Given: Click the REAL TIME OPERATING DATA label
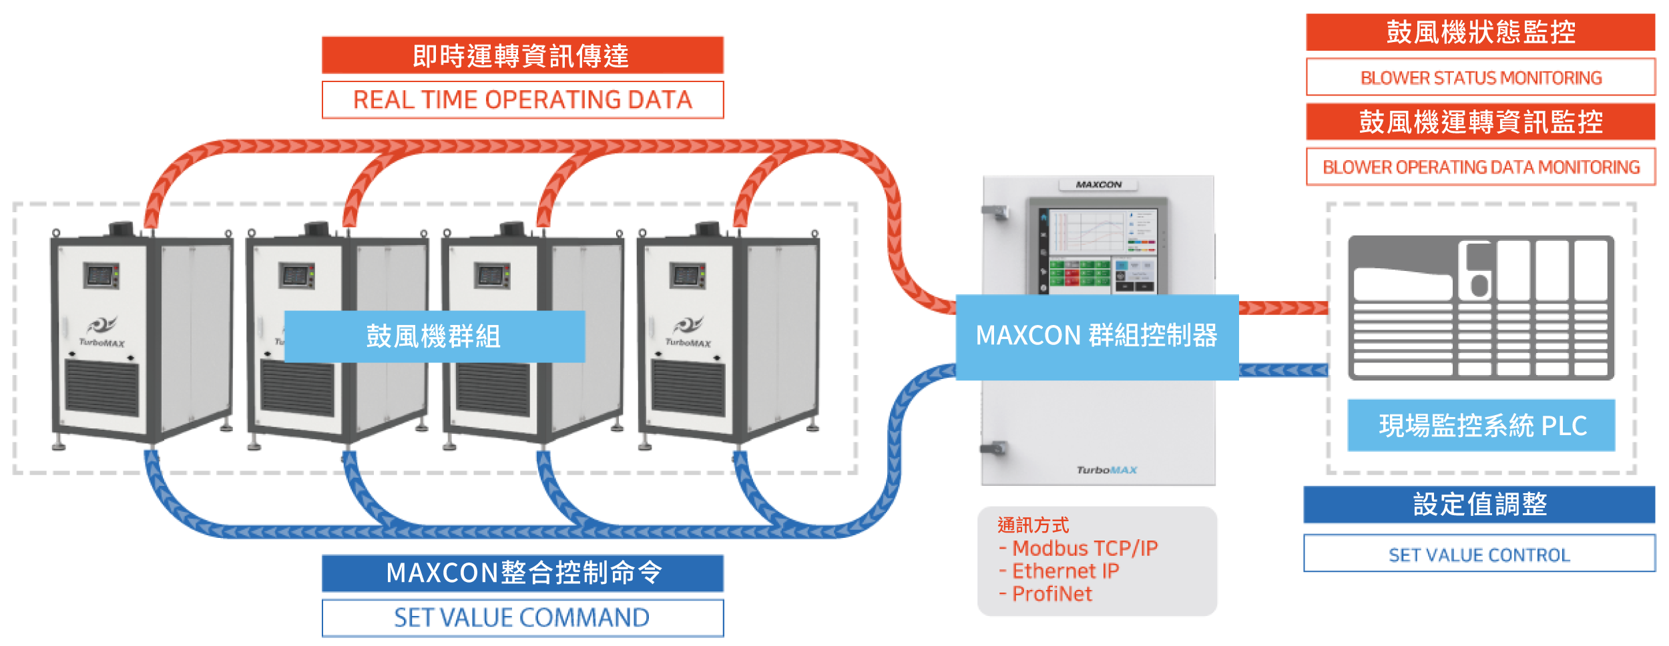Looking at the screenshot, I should (x=523, y=100).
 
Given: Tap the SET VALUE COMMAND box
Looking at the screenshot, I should (x=523, y=617).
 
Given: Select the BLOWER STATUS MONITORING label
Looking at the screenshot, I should (x=1480, y=77).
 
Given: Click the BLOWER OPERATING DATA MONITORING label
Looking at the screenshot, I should (x=1480, y=167).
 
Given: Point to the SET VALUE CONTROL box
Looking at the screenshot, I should (x=1479, y=554).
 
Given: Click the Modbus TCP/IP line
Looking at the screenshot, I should (x=1084, y=549).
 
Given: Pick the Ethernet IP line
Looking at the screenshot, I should (x=1065, y=571).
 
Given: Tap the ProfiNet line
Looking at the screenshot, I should (x=1051, y=594).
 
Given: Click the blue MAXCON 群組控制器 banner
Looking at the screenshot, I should (x=1096, y=336).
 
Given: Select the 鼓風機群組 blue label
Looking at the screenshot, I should (x=434, y=336).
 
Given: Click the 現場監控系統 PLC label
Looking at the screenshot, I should (x=1481, y=425).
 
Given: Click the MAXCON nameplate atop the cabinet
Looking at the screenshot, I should (x=1098, y=185).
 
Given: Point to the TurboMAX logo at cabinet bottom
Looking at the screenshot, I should (x=1106, y=470).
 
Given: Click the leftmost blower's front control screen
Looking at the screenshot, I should (x=101, y=275).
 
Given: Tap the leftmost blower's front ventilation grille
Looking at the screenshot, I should (x=101, y=387).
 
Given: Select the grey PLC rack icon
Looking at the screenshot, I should (x=1481, y=308).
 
